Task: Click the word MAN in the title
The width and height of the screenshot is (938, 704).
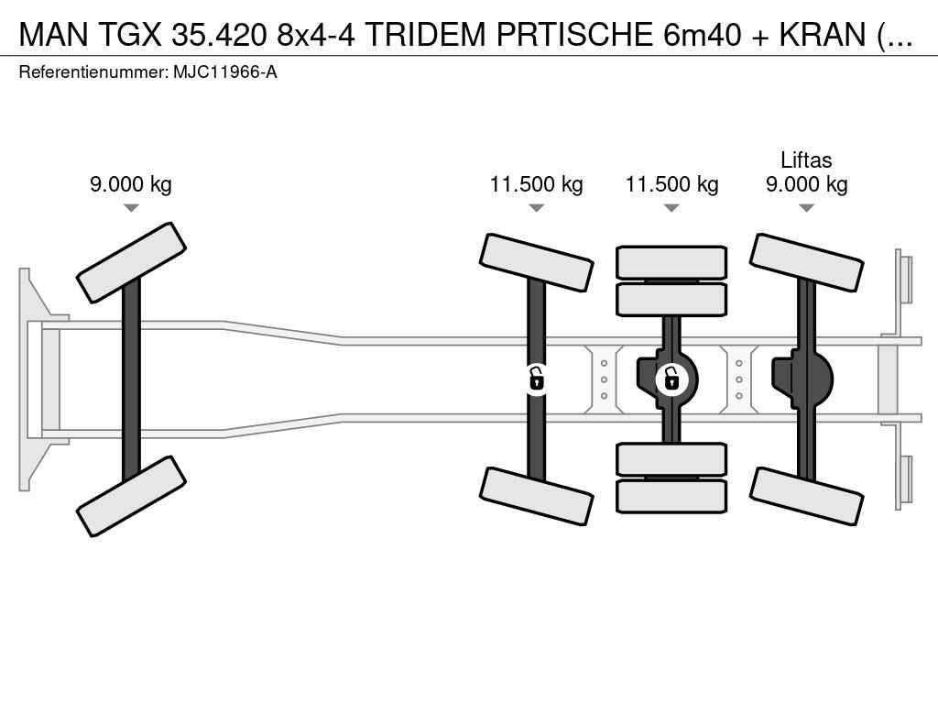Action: pyautogui.click(x=54, y=34)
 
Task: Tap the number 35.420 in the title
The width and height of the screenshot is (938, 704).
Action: pyautogui.click(x=219, y=34)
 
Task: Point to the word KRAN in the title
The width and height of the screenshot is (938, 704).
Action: pyautogui.click(x=823, y=34)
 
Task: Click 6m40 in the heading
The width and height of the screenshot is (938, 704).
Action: pyautogui.click(x=703, y=34)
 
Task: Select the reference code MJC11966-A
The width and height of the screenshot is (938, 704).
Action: pyautogui.click(x=225, y=72)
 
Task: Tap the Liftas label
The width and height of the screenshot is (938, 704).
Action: pyautogui.click(x=806, y=159)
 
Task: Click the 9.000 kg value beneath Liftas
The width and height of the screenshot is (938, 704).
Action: pyautogui.click(x=806, y=184)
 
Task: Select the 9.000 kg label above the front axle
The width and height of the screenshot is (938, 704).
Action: pyautogui.click(x=131, y=184)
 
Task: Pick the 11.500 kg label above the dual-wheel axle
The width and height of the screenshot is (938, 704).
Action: pyautogui.click(x=671, y=184)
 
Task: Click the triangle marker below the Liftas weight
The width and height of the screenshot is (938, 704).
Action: pyautogui.click(x=806, y=208)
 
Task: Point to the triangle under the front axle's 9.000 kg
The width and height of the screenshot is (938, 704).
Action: pyautogui.click(x=131, y=208)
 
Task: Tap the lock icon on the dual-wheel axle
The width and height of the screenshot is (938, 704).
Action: pyautogui.click(x=671, y=379)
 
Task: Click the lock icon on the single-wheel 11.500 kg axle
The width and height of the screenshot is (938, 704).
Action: pyautogui.click(x=536, y=379)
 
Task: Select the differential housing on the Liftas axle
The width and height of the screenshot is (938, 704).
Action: pyautogui.click(x=802, y=380)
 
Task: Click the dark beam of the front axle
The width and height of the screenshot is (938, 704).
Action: pyautogui.click(x=131, y=379)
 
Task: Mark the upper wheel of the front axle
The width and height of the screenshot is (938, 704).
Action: pyautogui.click(x=131, y=262)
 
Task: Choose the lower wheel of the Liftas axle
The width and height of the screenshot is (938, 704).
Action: pyautogui.click(x=806, y=497)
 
